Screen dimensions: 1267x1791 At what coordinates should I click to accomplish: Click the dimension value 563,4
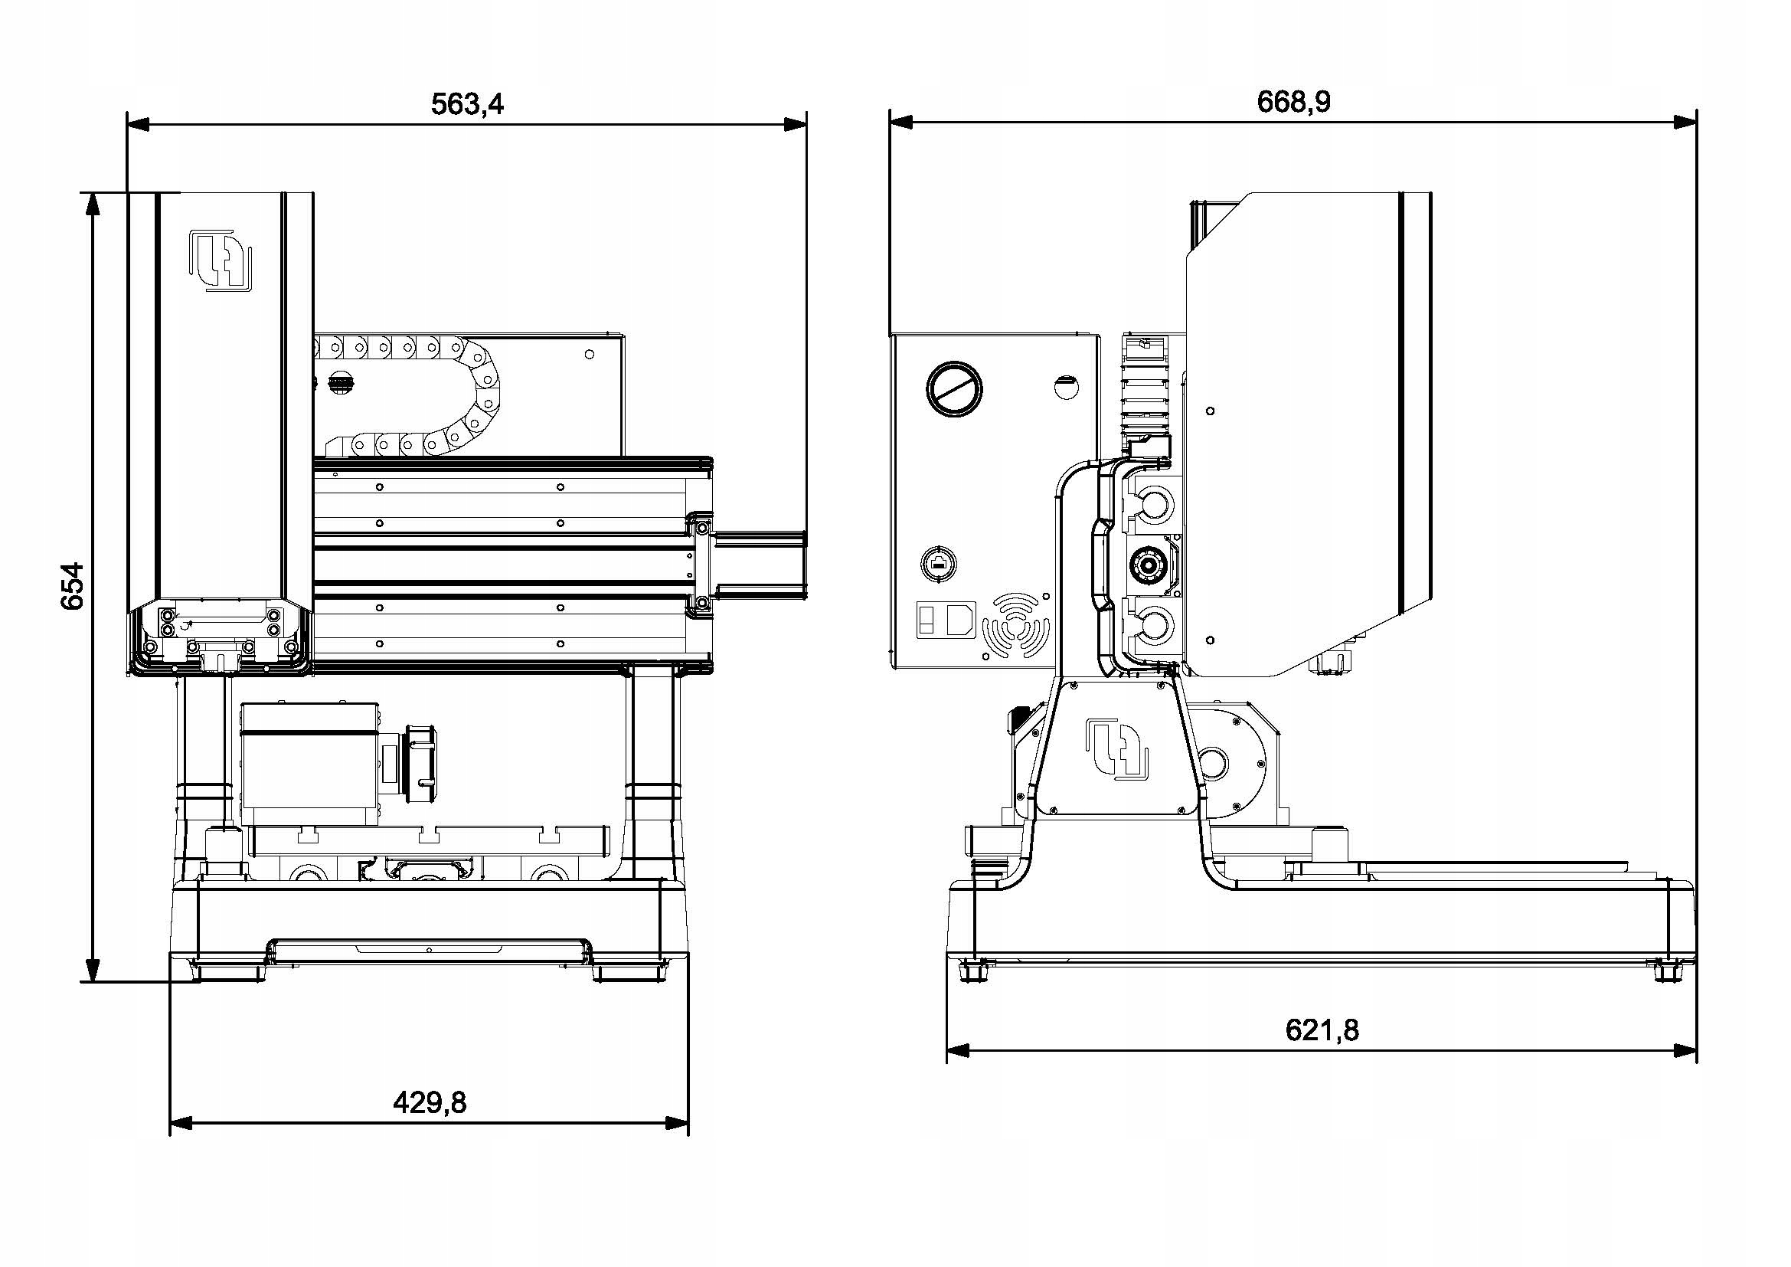(x=467, y=103)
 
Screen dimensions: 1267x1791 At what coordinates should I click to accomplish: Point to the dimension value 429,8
(x=429, y=1102)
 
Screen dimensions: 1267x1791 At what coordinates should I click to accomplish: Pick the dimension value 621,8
(x=1322, y=1030)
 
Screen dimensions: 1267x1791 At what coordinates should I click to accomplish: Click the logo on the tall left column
(x=221, y=260)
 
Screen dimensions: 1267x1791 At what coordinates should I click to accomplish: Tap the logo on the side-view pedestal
(x=1117, y=748)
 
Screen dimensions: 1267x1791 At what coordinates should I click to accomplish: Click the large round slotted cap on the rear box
(x=954, y=388)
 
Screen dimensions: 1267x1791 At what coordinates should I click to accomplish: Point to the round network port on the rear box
(x=940, y=563)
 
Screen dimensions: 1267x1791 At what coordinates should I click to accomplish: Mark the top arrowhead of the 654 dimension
(x=92, y=203)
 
